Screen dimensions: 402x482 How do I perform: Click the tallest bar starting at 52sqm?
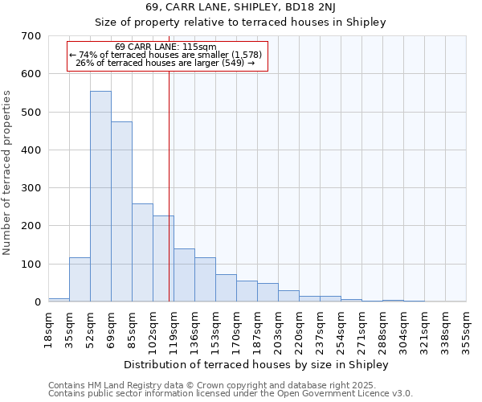100,196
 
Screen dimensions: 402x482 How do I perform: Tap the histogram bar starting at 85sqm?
142,252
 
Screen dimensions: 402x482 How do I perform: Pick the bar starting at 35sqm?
80,279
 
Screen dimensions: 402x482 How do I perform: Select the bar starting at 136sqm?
205,279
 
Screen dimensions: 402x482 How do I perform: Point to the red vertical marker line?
169,185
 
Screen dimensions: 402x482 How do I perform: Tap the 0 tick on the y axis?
37,302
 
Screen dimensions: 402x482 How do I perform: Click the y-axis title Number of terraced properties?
7,172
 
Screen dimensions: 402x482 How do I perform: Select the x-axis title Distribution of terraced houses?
256,364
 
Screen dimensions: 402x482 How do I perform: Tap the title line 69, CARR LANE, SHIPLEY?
240,7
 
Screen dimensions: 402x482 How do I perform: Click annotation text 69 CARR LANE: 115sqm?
165,47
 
